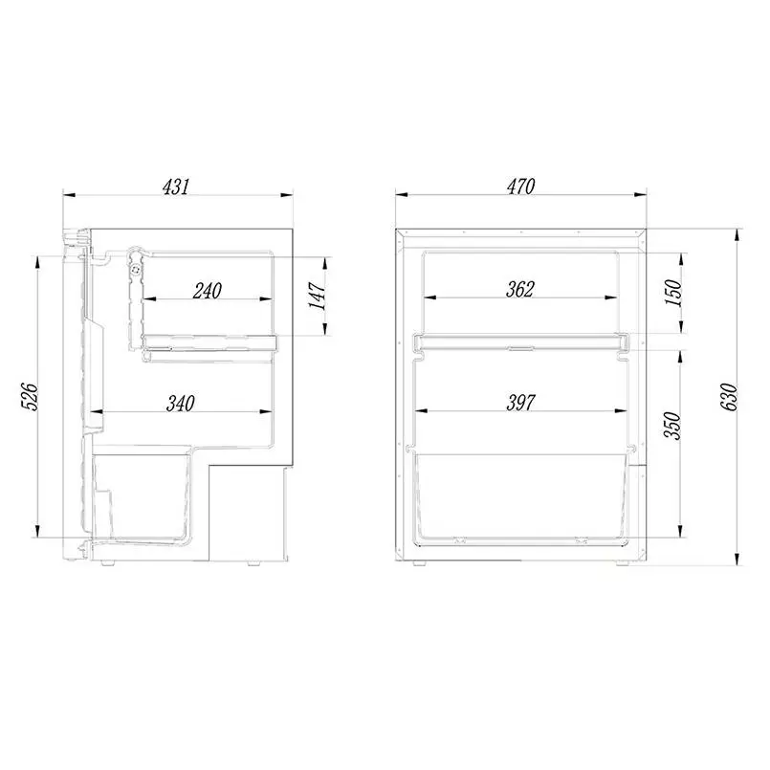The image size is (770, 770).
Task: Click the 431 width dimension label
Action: click(x=175, y=187)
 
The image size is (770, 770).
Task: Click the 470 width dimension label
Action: click(x=520, y=187)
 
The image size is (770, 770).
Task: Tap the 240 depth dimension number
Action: click(x=208, y=291)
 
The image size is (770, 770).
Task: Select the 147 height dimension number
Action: click(x=318, y=296)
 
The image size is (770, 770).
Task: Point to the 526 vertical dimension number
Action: click(x=30, y=397)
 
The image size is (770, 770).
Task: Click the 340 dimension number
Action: click(x=181, y=403)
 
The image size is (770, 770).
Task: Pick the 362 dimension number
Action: click(x=520, y=289)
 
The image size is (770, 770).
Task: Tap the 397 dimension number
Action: click(x=520, y=403)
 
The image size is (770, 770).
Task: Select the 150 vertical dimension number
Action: click(x=673, y=292)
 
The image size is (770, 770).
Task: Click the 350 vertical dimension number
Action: click(x=671, y=426)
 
